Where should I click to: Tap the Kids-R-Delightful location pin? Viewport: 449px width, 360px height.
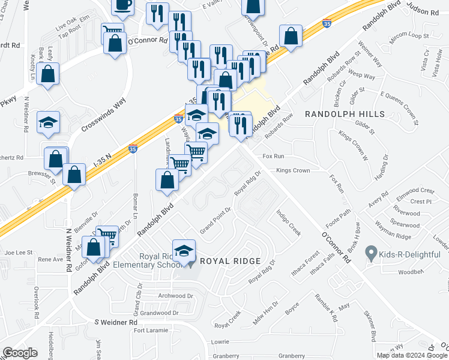pos(371,254)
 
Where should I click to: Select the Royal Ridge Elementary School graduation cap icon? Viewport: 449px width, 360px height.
pos(184,251)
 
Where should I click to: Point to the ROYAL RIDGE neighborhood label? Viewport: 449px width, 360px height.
pos(230,261)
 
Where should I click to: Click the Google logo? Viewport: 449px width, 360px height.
pos(20,353)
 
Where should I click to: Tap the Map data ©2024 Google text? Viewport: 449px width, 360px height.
pos(412,355)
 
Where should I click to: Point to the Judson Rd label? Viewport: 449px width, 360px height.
pos(423,11)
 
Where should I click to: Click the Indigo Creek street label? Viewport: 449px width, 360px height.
pos(288,223)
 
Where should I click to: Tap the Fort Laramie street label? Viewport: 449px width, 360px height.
pos(148,331)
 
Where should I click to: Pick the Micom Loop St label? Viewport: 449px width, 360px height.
pos(409,37)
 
